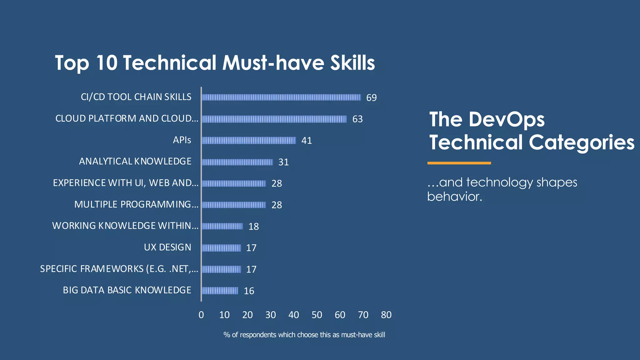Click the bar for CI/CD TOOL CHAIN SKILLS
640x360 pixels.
tap(281, 97)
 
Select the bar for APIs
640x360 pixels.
tap(249, 140)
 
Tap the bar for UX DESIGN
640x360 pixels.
tap(221, 248)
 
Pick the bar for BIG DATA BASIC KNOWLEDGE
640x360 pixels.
tap(220, 291)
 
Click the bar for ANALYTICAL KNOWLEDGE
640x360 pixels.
tap(237, 162)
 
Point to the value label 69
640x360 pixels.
tap(371, 97)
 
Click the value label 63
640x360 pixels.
tap(357, 119)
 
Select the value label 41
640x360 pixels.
tap(306, 141)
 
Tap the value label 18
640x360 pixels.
tap(253, 227)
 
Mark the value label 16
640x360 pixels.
tap(249, 291)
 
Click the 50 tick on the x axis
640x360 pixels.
tap(317, 315)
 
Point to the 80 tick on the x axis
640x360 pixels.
tap(386, 315)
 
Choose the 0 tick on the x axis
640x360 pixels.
tap(201, 315)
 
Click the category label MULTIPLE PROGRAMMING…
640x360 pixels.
tap(136, 204)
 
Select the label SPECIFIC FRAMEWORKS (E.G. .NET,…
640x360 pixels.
tap(119, 269)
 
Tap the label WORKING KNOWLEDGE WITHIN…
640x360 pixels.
tap(125, 226)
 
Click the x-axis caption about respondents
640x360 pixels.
tap(304, 335)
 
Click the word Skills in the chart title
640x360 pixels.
tap(352, 63)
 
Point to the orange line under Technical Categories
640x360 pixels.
tap(459, 163)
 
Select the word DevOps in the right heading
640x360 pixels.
tap(506, 119)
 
